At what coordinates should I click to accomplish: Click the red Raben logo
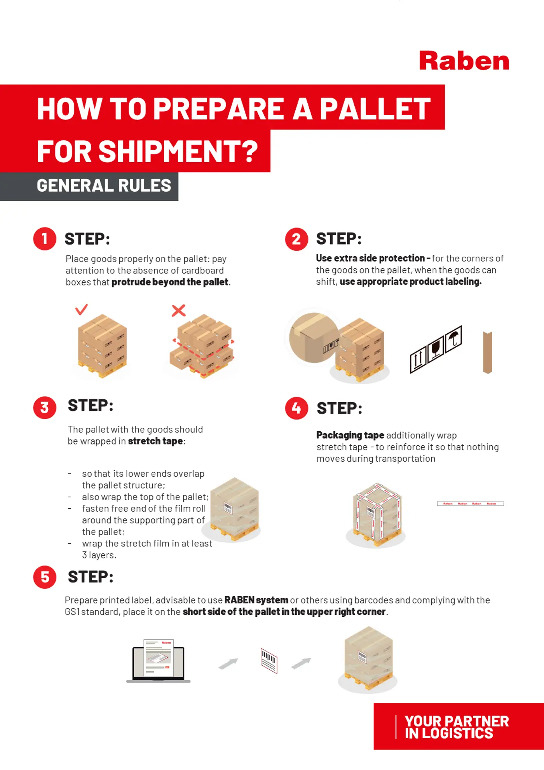pyautogui.click(x=464, y=61)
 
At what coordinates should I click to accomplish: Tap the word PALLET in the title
pyautogui.click(x=375, y=108)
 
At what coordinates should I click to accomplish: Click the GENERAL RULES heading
pyautogui.click(x=104, y=185)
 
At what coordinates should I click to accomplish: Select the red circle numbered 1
pyautogui.click(x=45, y=239)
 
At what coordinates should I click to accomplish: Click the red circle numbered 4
pyautogui.click(x=296, y=408)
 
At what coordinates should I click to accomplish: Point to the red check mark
pyautogui.click(x=81, y=310)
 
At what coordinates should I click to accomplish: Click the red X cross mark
pyautogui.click(x=179, y=310)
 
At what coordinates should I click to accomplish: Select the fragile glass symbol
pyautogui.click(x=436, y=348)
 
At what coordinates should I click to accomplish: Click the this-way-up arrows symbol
pyautogui.click(x=418, y=359)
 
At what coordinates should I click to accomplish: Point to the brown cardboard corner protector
pyautogui.click(x=487, y=352)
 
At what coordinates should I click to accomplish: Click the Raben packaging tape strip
pyautogui.click(x=470, y=504)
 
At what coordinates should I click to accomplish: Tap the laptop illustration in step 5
pyautogui.click(x=158, y=661)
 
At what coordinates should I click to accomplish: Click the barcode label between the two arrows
pyautogui.click(x=269, y=660)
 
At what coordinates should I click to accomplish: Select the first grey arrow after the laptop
pyautogui.click(x=228, y=663)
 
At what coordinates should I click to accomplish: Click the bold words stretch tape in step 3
pyautogui.click(x=155, y=441)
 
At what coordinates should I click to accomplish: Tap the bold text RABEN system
pyautogui.click(x=256, y=600)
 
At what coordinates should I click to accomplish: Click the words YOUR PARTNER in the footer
pyautogui.click(x=457, y=721)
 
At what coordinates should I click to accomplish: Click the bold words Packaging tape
pyautogui.click(x=350, y=435)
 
